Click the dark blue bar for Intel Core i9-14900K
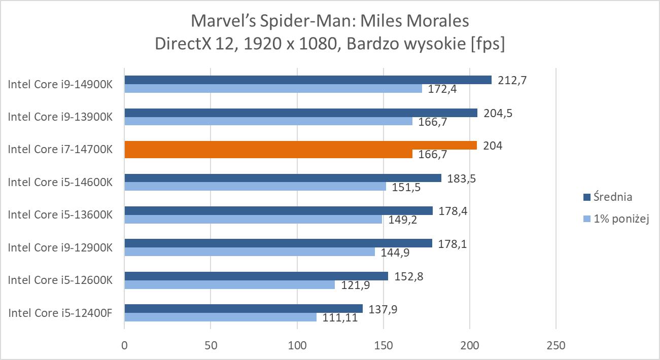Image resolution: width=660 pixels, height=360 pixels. (x=308, y=80)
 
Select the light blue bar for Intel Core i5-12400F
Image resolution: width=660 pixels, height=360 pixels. (x=220, y=317)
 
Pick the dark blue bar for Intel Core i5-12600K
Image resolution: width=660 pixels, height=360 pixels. (x=256, y=276)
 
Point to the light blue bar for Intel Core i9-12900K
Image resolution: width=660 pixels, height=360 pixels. (x=250, y=251)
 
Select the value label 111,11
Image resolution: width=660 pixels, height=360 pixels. (x=337, y=318)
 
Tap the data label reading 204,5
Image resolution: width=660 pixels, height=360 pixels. (x=498, y=113)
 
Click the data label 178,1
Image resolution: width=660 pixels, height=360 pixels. (x=453, y=244)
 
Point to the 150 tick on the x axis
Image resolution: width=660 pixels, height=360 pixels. (x=383, y=345)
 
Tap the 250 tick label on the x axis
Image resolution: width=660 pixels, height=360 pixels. (x=555, y=345)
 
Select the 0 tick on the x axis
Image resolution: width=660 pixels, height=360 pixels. (x=124, y=345)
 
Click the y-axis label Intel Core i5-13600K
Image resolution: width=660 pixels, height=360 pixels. (x=60, y=215)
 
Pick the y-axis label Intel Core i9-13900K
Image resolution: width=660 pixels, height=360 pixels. (x=60, y=117)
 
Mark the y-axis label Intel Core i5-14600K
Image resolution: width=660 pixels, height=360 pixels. (x=60, y=182)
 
